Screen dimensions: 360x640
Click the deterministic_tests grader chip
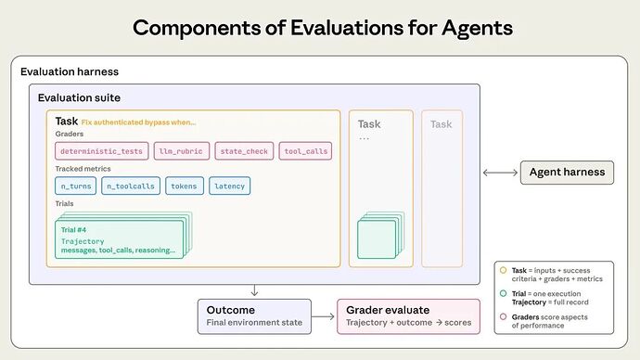pos(100,151)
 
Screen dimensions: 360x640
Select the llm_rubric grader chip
pos(181,151)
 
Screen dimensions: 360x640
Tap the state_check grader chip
pos(243,151)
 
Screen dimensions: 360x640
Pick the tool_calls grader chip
pos(304,151)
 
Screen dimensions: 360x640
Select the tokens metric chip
pos(185,186)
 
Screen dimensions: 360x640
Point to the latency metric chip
pos(229,186)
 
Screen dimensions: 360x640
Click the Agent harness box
pos(566,172)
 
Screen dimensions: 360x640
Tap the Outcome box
pos(254,315)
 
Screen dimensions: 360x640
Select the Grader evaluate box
pos(409,315)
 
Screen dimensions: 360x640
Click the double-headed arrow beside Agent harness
pos(501,172)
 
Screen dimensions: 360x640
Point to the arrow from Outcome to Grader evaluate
pos(324,316)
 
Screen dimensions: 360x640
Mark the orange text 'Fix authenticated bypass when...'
pos(138,122)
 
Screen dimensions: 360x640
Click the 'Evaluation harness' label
pos(70,71)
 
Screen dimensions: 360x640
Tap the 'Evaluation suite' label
pos(79,97)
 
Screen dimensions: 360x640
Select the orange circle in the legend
pos(503,270)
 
